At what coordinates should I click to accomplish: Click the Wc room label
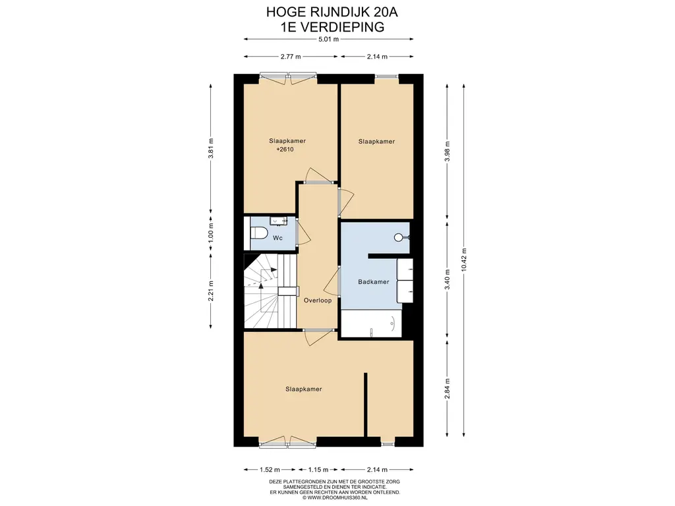(x=278, y=238)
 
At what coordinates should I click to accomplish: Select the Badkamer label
(x=374, y=282)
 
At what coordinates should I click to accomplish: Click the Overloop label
(x=318, y=300)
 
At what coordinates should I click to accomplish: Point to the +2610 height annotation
(x=285, y=150)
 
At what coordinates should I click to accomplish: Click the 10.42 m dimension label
(x=463, y=260)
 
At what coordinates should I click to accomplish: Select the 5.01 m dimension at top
(x=328, y=39)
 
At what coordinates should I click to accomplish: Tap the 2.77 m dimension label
(x=291, y=57)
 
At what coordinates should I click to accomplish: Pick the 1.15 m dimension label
(x=318, y=469)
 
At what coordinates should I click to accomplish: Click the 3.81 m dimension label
(x=210, y=148)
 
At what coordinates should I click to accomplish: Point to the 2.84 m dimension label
(x=448, y=389)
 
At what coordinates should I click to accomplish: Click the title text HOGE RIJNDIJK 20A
(x=332, y=12)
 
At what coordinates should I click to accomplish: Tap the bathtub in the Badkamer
(x=372, y=323)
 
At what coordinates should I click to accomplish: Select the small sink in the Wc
(x=279, y=221)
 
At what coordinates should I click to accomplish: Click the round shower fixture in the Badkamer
(x=399, y=237)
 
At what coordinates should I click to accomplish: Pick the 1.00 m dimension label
(x=210, y=233)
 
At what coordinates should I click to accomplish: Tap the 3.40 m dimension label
(x=448, y=279)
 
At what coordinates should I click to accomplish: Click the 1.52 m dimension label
(x=269, y=469)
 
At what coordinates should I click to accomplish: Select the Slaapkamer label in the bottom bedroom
(x=303, y=389)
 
